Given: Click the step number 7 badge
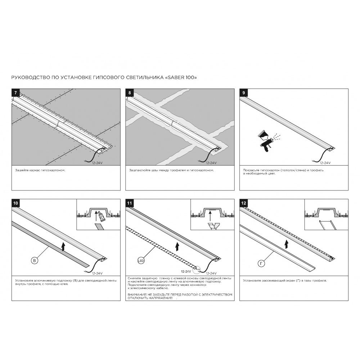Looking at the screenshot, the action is point(15,93).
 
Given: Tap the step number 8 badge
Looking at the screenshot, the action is point(130,93).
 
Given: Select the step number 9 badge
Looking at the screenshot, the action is point(244,93).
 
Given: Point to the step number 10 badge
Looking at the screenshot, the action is point(15,203).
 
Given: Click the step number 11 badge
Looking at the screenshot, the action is point(130,203).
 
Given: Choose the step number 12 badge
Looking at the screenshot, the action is point(244,203).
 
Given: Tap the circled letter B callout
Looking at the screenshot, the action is point(35,261).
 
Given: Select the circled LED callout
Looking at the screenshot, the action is point(141,261).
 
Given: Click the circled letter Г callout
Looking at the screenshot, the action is point(261,264).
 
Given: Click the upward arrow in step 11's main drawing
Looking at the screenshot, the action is point(177,247).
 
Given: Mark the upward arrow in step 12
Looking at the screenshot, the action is point(286,244).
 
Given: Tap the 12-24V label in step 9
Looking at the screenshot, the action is point(325,163).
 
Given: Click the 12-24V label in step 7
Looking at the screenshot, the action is point(97,163).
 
